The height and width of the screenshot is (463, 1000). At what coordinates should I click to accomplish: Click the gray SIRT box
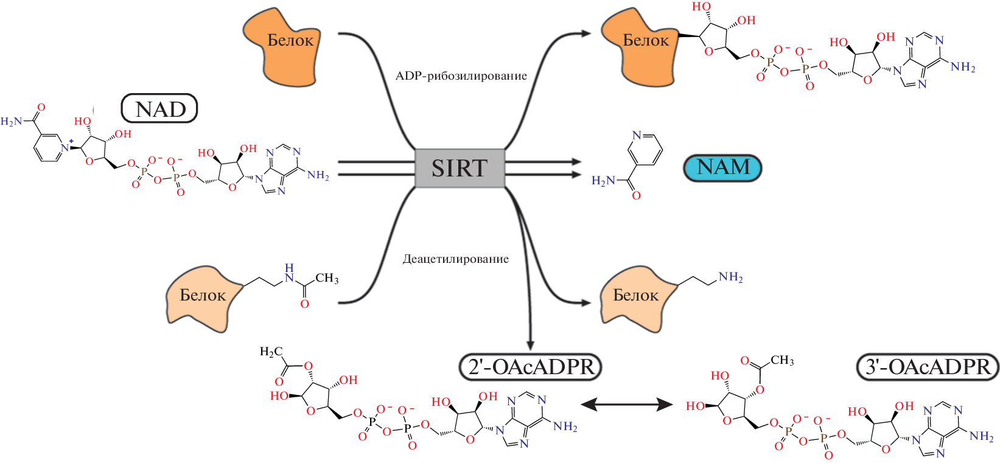(460, 168)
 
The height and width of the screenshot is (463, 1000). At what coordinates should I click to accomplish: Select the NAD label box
(159, 109)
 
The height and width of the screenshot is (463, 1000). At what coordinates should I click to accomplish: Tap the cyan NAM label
(722, 167)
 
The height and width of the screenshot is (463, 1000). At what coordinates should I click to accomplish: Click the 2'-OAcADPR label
(530, 367)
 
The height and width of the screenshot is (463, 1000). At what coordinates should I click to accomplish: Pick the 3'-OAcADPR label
(928, 367)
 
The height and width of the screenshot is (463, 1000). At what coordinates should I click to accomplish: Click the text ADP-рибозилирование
(461, 76)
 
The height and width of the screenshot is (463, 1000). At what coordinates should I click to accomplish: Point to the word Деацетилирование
(455, 259)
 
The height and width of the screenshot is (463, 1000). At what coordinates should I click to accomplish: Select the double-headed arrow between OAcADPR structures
(626, 403)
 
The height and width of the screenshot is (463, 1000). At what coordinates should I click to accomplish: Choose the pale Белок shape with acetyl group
(203, 298)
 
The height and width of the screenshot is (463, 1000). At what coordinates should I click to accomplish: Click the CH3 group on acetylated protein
(327, 279)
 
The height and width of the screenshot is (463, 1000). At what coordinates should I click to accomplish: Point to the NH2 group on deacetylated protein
(730, 277)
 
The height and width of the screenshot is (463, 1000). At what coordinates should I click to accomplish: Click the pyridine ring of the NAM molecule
(645, 148)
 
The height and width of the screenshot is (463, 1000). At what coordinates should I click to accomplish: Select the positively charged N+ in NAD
(65, 147)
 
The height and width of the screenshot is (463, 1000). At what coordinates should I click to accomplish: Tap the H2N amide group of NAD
(12, 122)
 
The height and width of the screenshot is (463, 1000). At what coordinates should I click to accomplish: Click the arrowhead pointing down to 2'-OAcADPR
(530, 344)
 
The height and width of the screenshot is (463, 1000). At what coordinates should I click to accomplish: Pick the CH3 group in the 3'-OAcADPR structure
(782, 360)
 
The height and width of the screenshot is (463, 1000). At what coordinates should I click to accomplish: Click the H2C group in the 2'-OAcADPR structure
(271, 352)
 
